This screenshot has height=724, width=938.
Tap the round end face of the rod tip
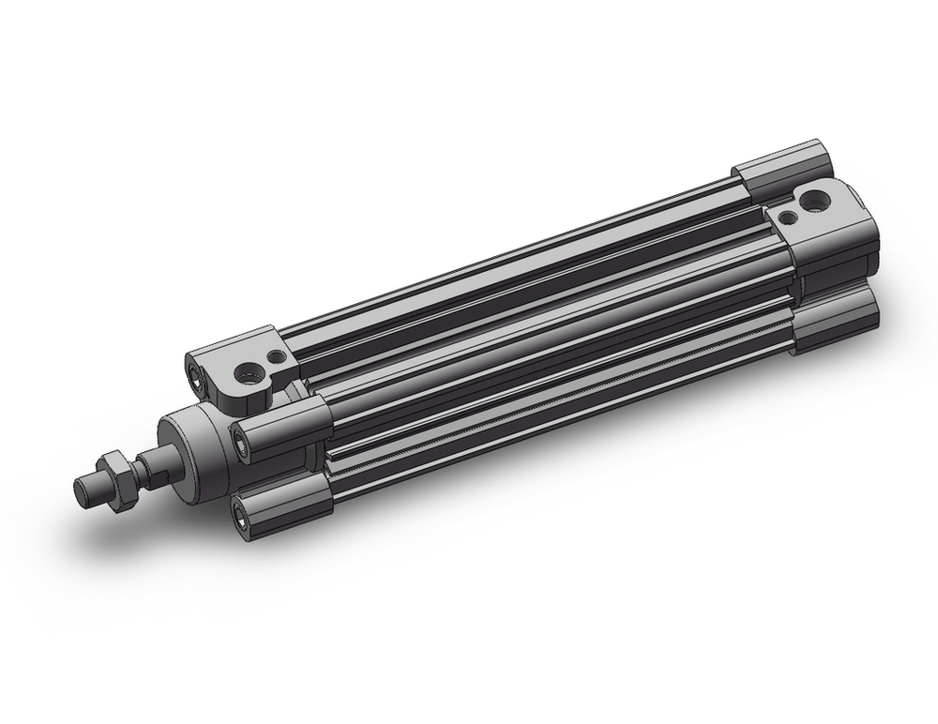tap(82, 493)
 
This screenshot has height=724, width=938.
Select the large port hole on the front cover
tap(248, 373)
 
